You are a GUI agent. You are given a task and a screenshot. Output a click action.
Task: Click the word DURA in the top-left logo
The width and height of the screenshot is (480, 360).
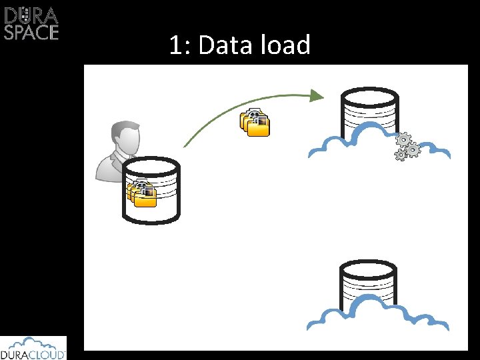31,14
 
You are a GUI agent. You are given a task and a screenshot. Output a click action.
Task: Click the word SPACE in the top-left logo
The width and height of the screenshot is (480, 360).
31,32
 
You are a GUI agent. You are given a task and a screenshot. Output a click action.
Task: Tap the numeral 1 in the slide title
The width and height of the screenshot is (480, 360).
175,45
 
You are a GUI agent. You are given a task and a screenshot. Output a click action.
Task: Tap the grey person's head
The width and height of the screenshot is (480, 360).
125,137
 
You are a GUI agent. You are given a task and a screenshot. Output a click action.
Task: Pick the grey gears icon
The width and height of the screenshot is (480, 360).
406,147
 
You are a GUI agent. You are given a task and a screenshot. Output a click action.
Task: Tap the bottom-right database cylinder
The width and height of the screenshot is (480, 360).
369,284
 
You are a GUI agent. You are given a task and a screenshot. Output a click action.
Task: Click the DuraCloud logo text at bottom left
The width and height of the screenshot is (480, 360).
33,354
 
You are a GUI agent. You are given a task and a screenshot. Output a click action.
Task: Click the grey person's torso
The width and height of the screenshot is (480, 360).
110,167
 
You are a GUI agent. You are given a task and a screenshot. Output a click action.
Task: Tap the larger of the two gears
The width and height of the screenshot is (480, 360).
403,140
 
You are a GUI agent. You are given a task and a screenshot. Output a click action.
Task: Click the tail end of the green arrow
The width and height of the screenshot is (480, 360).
185,145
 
